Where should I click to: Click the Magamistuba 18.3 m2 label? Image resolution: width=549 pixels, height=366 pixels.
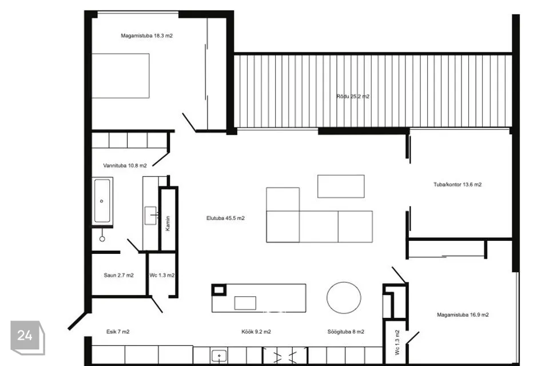[x=147, y=35]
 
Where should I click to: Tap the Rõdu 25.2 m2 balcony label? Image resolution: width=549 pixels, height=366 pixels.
[x=353, y=96]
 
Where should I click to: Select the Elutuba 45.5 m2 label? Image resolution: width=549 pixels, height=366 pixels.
[x=225, y=218]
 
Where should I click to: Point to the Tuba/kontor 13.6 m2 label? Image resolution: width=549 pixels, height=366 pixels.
[x=457, y=185]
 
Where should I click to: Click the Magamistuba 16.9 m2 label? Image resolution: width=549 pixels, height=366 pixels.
[x=463, y=315]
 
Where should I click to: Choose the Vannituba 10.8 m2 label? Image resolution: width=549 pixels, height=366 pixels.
[x=125, y=166]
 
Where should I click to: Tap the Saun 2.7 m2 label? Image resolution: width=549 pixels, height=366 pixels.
[x=119, y=275]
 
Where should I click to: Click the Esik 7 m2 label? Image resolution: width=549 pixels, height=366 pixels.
[x=118, y=332]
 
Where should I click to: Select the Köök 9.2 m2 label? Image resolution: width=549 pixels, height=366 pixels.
[x=256, y=332]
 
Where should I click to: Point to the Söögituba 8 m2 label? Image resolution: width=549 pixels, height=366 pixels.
[x=346, y=332]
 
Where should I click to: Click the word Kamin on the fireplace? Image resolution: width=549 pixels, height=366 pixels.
[x=168, y=223]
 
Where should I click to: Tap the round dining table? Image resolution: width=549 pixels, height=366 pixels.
[x=344, y=298]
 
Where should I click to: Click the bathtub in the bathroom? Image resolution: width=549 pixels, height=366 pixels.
[x=102, y=201]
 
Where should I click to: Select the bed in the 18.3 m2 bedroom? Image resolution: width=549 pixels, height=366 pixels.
[x=121, y=75]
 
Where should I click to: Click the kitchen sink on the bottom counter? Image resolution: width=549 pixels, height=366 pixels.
[x=219, y=356]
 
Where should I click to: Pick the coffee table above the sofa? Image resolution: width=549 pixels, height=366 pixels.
[x=341, y=186]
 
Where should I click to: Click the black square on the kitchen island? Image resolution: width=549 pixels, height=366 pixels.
[x=219, y=289]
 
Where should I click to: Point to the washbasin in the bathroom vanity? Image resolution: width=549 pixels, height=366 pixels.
[x=151, y=216]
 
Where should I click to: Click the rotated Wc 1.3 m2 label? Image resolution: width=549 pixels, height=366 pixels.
[x=397, y=342]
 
